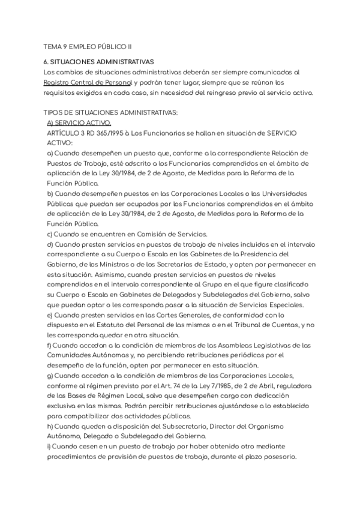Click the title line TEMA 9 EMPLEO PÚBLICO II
88,46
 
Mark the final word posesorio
284,456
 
